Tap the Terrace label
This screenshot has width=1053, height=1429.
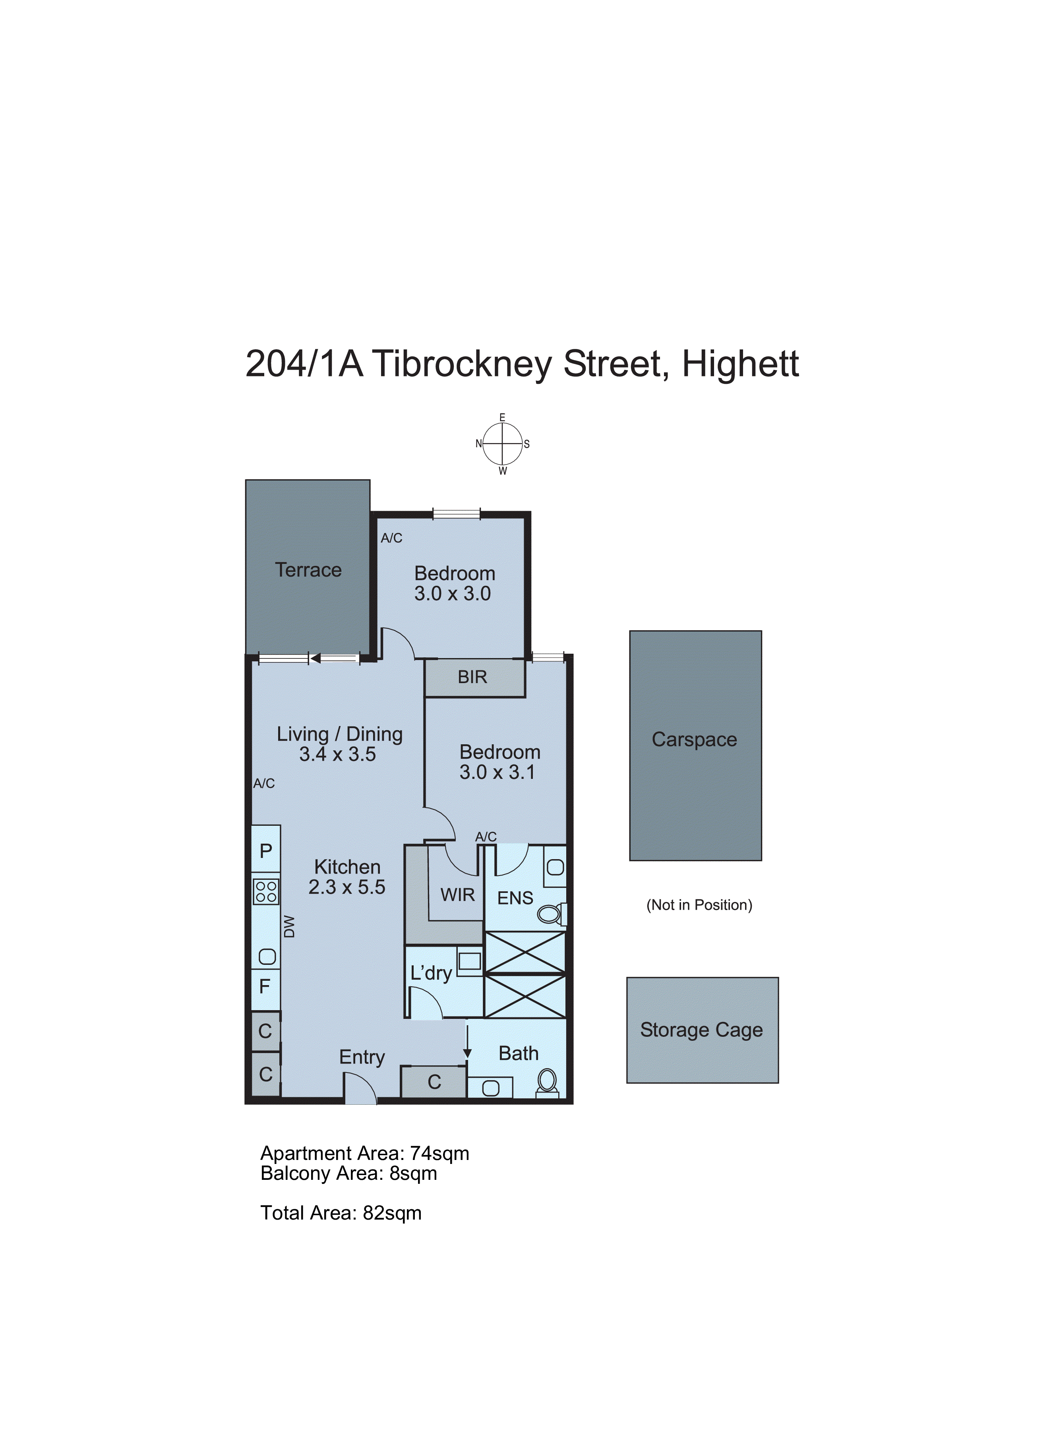[308, 570]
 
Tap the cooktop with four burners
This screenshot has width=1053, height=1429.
[266, 892]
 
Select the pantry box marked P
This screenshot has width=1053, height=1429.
[266, 850]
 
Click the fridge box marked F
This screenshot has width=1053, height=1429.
[265, 987]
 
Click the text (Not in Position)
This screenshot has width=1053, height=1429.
[699, 905]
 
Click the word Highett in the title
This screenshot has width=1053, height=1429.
[740, 364]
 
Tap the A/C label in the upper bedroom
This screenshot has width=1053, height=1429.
[391, 538]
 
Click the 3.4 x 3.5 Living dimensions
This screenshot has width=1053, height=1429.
[337, 755]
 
